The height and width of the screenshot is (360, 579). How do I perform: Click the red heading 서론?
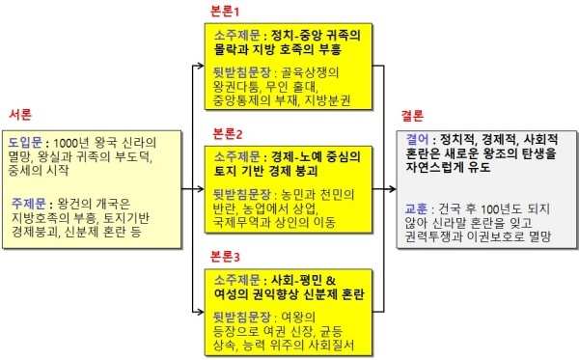(20, 115)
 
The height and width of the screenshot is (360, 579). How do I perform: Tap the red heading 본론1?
(225, 12)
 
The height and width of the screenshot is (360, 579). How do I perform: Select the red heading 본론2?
(228, 133)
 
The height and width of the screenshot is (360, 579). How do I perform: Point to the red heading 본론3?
(225, 256)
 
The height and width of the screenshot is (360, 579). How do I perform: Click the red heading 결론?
(412, 116)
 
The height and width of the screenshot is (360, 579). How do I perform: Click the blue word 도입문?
(25, 143)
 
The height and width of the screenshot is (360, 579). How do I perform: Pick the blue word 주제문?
(28, 204)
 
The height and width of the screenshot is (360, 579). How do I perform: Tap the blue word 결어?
(417, 140)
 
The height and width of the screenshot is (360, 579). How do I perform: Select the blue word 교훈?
(416, 209)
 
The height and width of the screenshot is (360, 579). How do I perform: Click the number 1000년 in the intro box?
(71, 143)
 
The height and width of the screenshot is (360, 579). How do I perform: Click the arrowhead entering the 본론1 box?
(201, 66)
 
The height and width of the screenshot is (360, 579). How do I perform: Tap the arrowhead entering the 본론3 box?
(201, 312)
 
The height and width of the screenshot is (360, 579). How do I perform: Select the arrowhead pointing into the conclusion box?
(392, 189)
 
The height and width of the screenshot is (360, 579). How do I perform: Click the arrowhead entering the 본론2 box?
(201, 189)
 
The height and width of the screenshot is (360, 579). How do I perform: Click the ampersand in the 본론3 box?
(331, 280)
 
